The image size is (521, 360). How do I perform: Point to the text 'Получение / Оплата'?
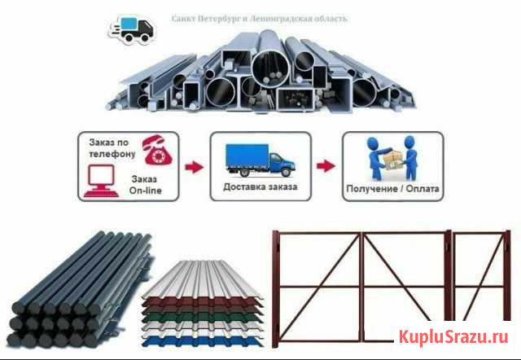click(392, 188)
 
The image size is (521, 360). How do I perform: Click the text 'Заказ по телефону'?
click(111, 147)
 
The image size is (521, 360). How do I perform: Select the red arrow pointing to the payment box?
click(325, 166)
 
